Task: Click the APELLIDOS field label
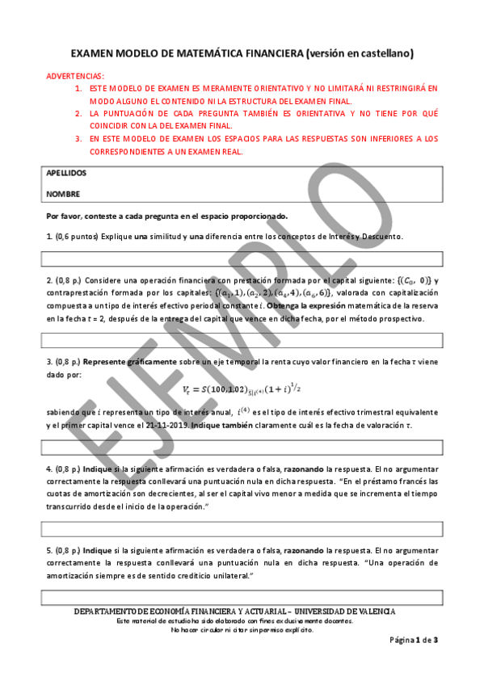(x=66, y=173)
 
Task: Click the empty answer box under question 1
(x=242, y=258)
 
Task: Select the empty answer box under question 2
(x=242, y=339)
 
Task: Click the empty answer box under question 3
(x=242, y=447)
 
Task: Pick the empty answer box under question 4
(x=242, y=528)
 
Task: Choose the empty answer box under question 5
(x=242, y=598)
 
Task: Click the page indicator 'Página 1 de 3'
(x=414, y=640)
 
